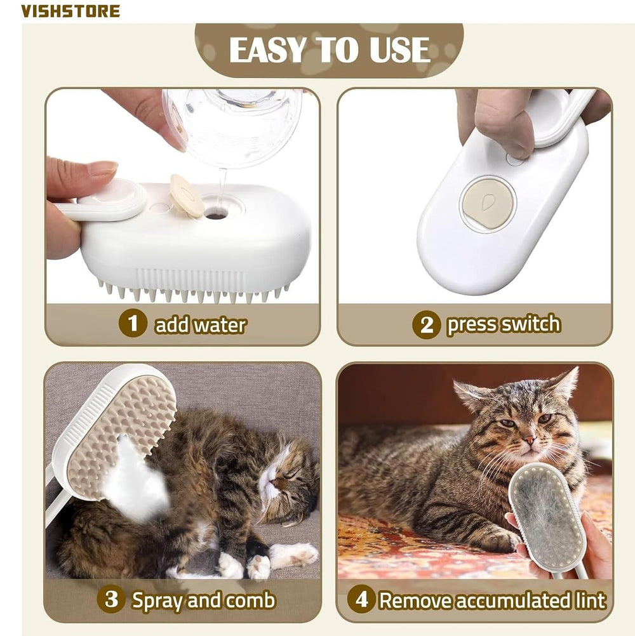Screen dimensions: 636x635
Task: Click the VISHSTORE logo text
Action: [x=70, y=11]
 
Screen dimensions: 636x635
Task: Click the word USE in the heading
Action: [x=399, y=51]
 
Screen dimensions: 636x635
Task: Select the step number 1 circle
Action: [x=132, y=324]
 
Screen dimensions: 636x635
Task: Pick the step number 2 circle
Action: [x=426, y=325]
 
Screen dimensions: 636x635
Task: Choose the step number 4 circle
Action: [x=361, y=600]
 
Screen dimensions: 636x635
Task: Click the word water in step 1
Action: [x=219, y=325]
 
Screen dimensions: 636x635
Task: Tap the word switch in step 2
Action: [x=529, y=324]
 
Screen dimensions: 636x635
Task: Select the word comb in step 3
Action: [x=251, y=600]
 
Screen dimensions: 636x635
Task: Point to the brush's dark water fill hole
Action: [x=217, y=215]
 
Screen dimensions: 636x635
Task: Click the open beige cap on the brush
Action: [x=187, y=195]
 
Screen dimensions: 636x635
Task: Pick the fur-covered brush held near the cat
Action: [x=547, y=517]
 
